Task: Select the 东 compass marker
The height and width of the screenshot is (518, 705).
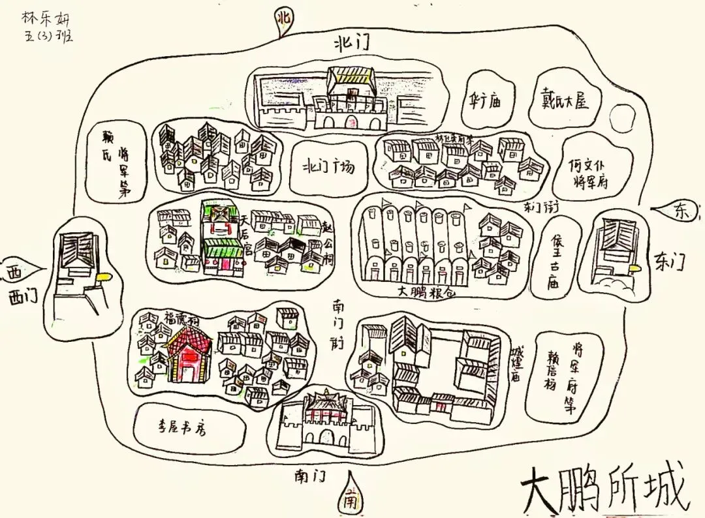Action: tap(680, 211)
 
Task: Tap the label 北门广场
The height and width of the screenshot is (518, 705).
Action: tap(329, 166)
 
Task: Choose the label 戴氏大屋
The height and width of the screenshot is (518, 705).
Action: tap(565, 100)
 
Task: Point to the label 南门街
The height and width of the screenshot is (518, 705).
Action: tap(338, 324)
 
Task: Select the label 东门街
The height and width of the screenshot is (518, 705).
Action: tap(539, 207)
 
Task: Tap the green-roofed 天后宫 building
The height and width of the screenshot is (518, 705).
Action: tap(222, 238)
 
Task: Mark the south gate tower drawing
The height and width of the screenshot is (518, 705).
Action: tap(324, 421)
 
